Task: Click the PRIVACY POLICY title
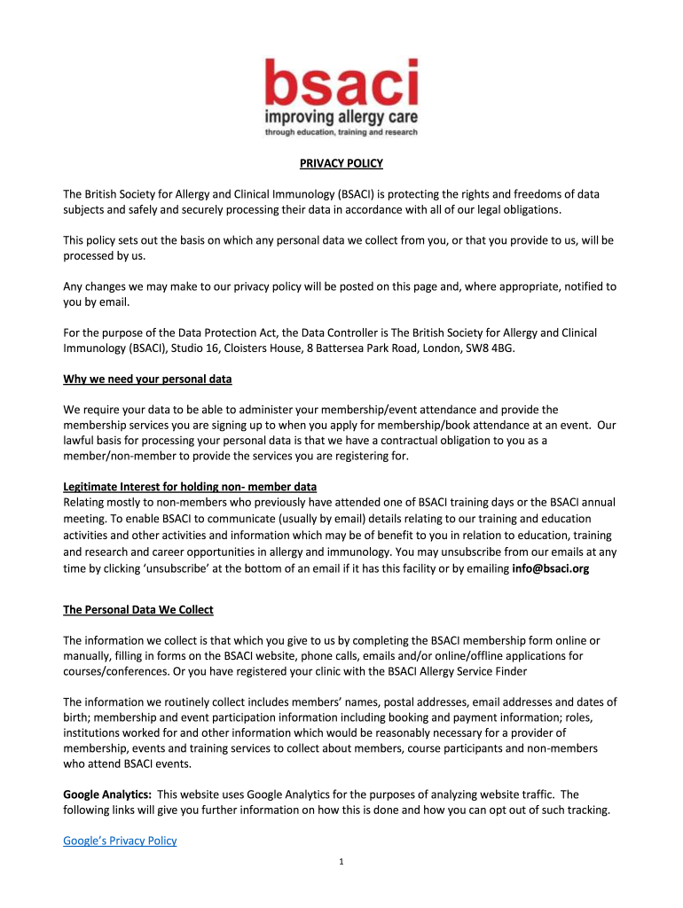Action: click(341, 163)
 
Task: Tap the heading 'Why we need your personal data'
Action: click(147, 380)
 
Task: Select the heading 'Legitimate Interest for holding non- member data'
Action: click(190, 487)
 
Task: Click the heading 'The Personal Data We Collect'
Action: click(138, 610)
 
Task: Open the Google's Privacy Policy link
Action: click(120, 841)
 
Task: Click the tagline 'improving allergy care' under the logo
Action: click(341, 116)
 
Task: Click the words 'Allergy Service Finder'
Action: click(480, 671)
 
